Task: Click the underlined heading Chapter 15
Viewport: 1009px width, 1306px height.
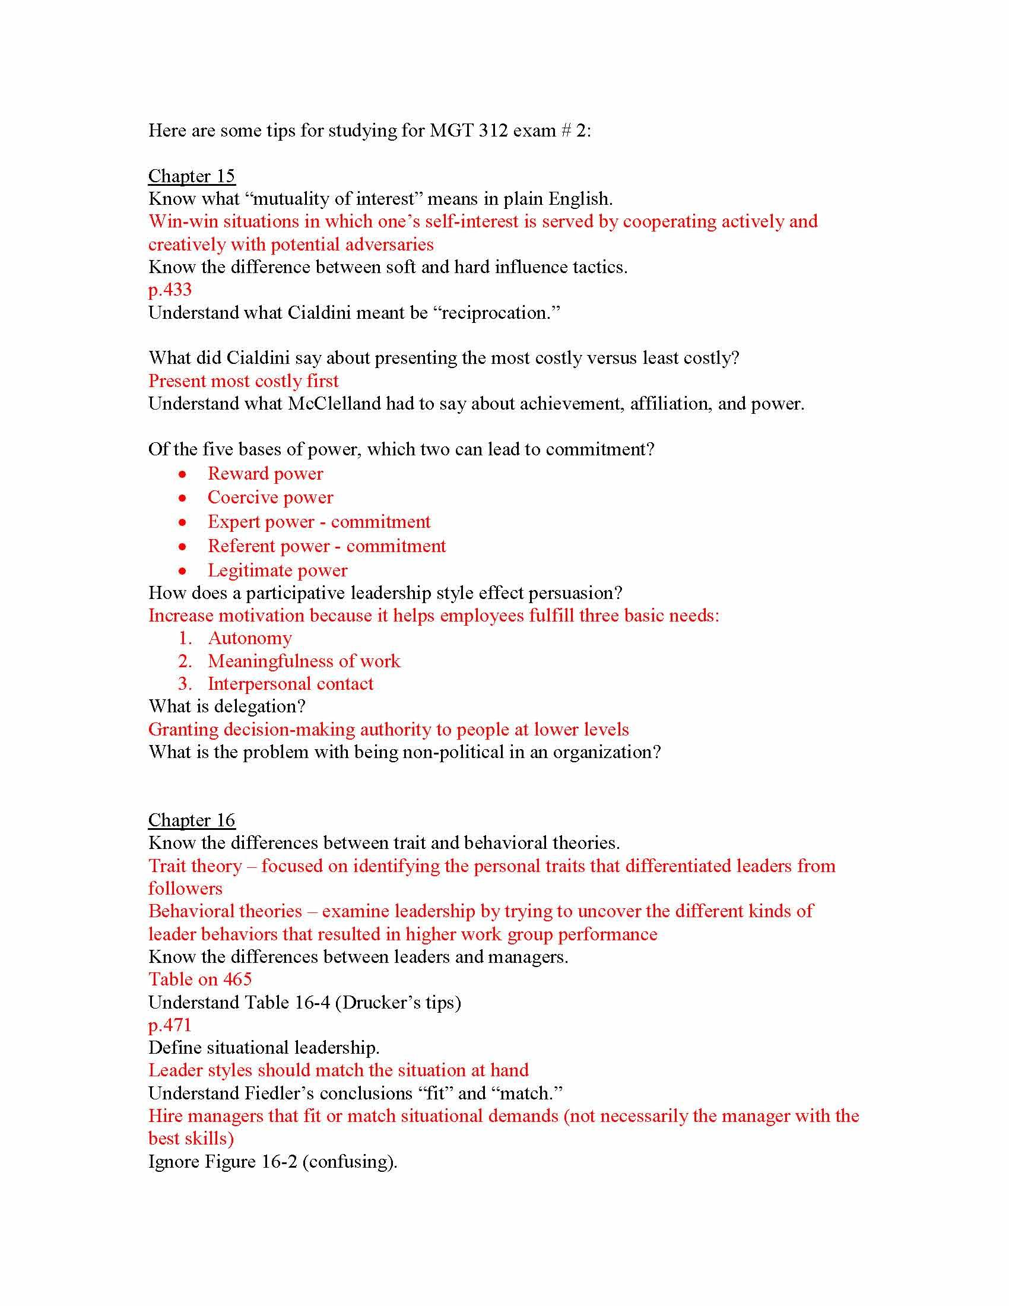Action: pyautogui.click(x=191, y=176)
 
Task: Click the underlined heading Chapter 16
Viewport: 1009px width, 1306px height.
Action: pyautogui.click(x=191, y=820)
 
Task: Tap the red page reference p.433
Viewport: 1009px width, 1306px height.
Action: pyautogui.click(x=170, y=290)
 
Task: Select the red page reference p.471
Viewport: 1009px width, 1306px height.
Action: pyautogui.click(x=170, y=1025)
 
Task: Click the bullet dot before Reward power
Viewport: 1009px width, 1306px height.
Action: pyautogui.click(x=183, y=475)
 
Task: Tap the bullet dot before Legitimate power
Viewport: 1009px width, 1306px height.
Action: pyautogui.click(x=183, y=571)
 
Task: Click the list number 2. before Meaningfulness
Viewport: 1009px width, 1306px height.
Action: pyautogui.click(x=185, y=661)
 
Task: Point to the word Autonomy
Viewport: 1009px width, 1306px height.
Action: pyautogui.click(x=250, y=639)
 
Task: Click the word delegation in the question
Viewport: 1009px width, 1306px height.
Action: pyautogui.click(x=259, y=707)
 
